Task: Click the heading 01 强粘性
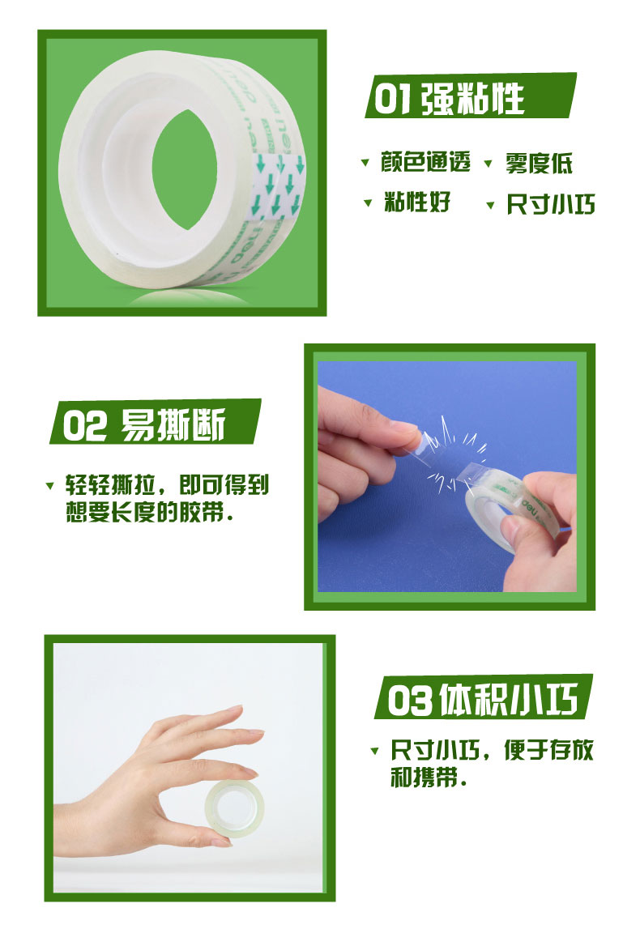[x=449, y=98]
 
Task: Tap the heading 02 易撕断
[x=144, y=424]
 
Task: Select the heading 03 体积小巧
[x=482, y=700]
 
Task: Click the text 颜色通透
[x=425, y=162]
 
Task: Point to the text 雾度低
[x=539, y=163]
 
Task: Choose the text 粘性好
[x=417, y=202]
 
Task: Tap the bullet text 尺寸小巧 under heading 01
[x=551, y=204]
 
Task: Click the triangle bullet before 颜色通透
[x=365, y=162]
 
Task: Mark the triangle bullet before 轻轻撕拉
[x=49, y=486]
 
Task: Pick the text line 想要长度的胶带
[x=149, y=512]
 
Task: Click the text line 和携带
[x=428, y=777]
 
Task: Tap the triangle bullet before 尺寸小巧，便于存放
[x=374, y=751]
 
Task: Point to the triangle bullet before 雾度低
[x=489, y=164]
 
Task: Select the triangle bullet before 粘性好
[x=368, y=203]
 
